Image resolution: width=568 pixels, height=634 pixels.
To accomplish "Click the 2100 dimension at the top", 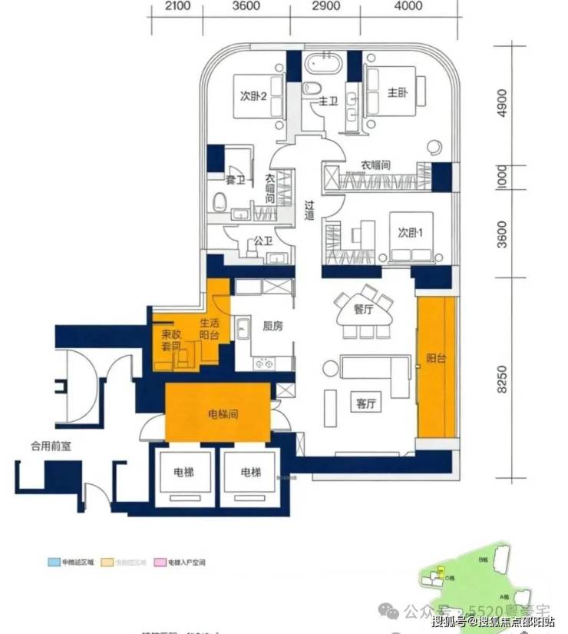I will click(177, 7).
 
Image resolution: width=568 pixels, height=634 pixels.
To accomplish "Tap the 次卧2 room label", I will click(253, 97).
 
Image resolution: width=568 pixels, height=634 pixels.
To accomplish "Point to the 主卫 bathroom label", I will click(329, 101).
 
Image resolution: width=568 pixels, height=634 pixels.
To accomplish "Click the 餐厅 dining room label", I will click(363, 310).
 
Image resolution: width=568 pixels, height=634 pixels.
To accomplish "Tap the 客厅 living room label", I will click(365, 404).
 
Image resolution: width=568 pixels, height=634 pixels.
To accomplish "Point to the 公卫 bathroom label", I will click(263, 241).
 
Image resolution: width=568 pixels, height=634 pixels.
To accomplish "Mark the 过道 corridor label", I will click(309, 211).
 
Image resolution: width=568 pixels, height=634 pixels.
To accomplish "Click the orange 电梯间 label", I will click(223, 413).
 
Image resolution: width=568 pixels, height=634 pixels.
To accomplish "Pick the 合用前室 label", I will click(51, 445).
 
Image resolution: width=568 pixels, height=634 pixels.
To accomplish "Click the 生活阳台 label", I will click(210, 329).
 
